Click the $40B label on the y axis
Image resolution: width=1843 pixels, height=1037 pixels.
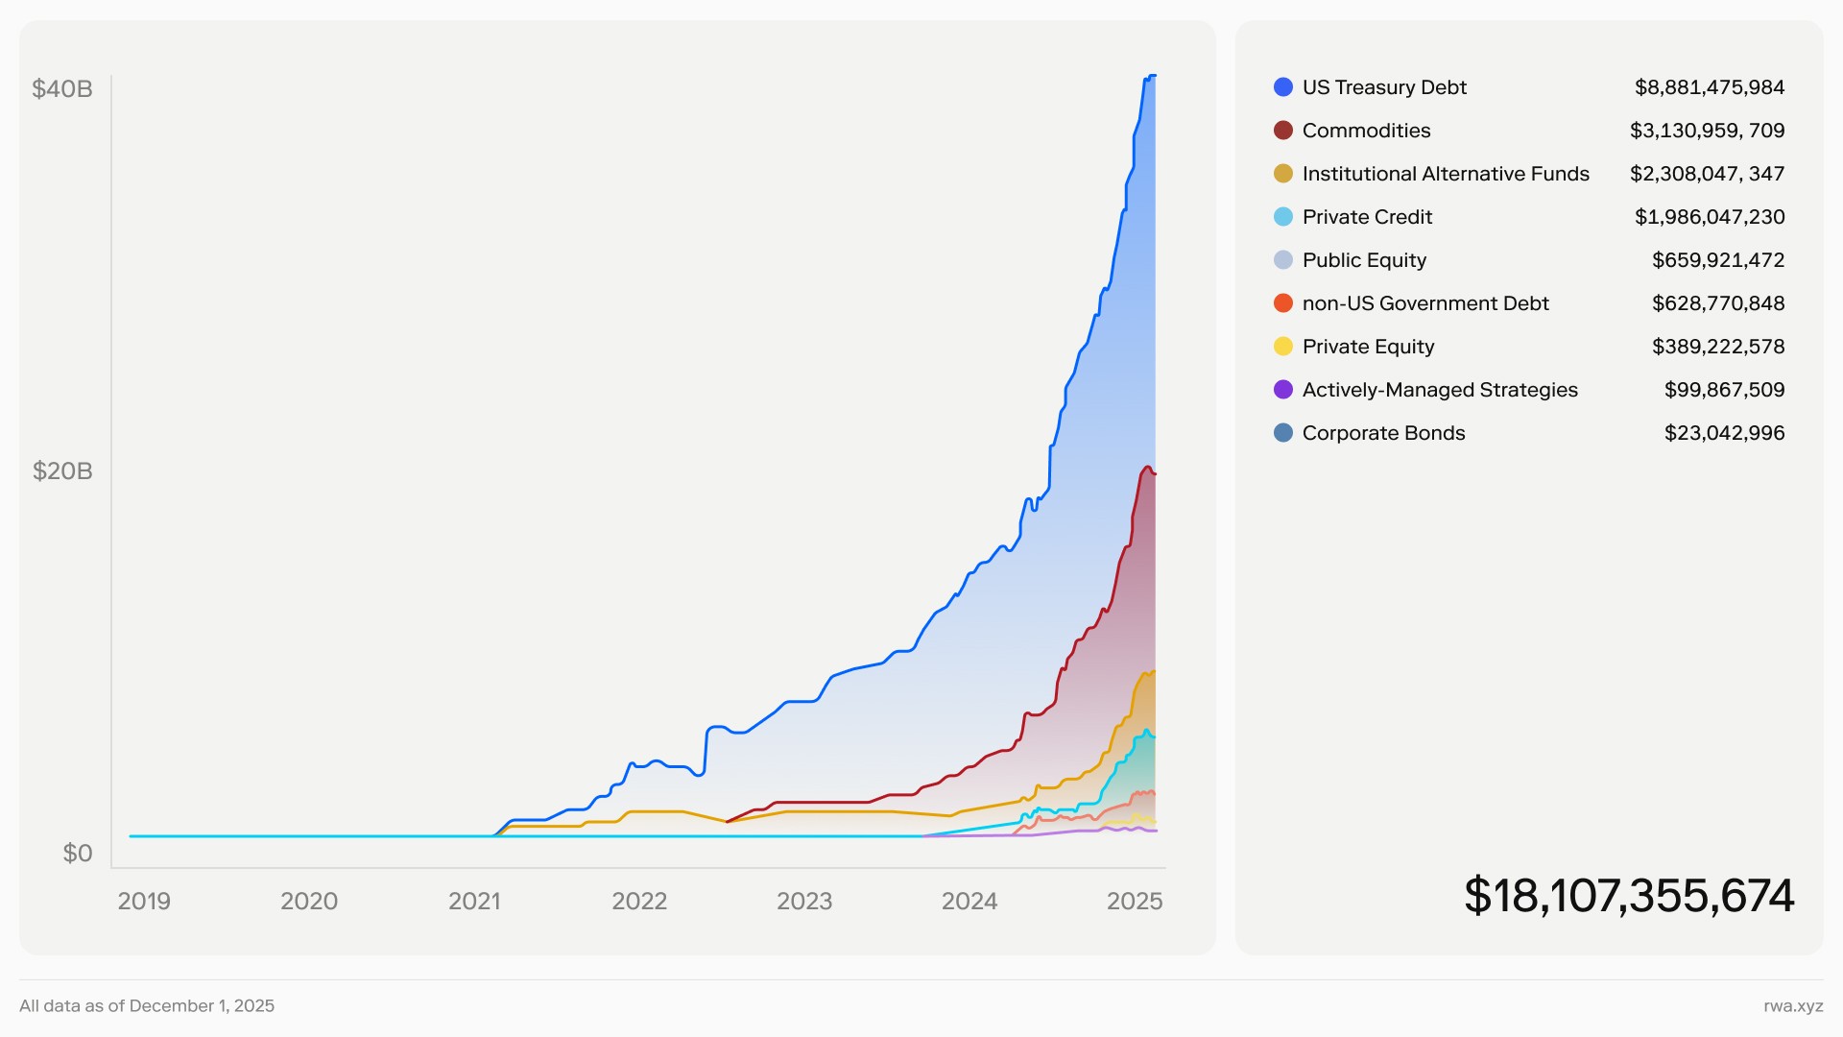[62, 89]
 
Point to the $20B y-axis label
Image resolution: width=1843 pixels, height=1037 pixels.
[62, 471]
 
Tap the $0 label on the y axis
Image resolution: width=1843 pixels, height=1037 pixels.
[77, 853]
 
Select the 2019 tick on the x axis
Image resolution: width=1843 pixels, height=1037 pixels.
[144, 901]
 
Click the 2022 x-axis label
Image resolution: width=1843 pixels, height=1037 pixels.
[639, 901]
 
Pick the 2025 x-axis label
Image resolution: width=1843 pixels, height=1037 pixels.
[1135, 901]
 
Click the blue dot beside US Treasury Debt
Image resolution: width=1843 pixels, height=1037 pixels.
[1283, 87]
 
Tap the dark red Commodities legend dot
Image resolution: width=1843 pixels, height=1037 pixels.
[1283, 131]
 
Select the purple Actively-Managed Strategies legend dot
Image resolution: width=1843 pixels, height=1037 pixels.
[1283, 390]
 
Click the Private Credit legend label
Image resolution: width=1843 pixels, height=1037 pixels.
[1367, 217]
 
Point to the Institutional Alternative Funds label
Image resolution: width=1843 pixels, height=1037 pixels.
[1446, 174]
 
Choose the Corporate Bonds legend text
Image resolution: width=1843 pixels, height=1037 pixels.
[1383, 433]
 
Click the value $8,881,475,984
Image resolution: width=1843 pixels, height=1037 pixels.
[1710, 87]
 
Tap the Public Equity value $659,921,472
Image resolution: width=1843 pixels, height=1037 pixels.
[1718, 260]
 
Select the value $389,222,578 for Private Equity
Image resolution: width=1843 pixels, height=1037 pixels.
[1718, 347]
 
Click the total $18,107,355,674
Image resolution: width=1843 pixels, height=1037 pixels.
[1629, 896]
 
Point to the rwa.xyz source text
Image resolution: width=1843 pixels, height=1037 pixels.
[1793, 1006]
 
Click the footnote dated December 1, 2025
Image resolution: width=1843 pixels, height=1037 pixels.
[147, 1006]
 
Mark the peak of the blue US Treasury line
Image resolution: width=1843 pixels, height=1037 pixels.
[1151, 76]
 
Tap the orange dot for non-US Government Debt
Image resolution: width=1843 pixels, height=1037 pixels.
[1283, 303]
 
